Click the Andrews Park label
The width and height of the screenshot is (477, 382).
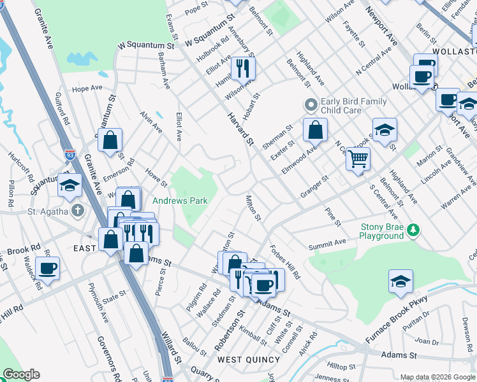click(180, 201)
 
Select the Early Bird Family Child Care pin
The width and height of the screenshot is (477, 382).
click(311, 104)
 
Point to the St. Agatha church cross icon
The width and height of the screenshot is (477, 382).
click(77, 211)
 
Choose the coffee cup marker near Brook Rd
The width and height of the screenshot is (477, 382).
click(48, 268)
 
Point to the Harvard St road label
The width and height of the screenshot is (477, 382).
click(242, 127)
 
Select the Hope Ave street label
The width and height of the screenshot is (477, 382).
click(87, 88)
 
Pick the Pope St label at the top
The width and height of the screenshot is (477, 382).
click(192, 11)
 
